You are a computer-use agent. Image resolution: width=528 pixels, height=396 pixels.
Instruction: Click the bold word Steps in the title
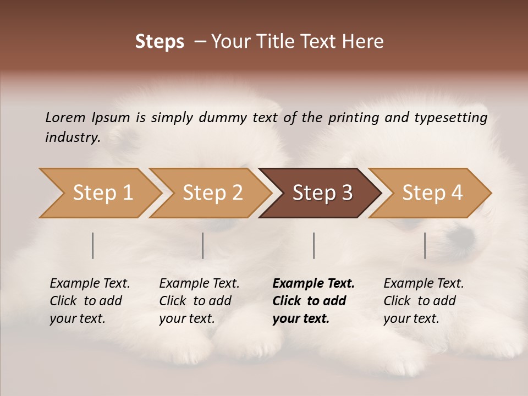pyautogui.click(x=159, y=42)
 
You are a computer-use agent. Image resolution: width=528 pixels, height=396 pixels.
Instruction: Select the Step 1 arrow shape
pyautogui.click(x=99, y=193)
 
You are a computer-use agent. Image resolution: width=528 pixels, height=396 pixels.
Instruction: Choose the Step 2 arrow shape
pyautogui.click(x=209, y=193)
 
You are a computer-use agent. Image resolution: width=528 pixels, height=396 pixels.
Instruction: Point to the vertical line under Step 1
pyautogui.click(x=93, y=245)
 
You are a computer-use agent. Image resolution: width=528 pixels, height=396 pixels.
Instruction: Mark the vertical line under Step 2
pyautogui.click(x=203, y=245)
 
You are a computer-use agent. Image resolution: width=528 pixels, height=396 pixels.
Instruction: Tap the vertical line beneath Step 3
pyautogui.click(x=314, y=245)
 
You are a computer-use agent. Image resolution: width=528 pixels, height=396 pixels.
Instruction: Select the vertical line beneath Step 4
pyautogui.click(x=425, y=245)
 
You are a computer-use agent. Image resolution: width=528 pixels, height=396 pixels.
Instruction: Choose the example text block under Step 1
pyautogui.click(x=90, y=301)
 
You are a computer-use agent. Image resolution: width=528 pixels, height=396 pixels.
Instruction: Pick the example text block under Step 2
pyautogui.click(x=199, y=301)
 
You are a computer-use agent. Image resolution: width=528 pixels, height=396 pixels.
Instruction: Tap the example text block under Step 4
pyautogui.click(x=424, y=301)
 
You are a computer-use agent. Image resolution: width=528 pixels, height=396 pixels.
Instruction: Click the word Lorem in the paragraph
pyautogui.click(x=65, y=118)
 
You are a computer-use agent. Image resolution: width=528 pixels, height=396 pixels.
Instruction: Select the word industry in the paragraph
pyautogui.click(x=73, y=137)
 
